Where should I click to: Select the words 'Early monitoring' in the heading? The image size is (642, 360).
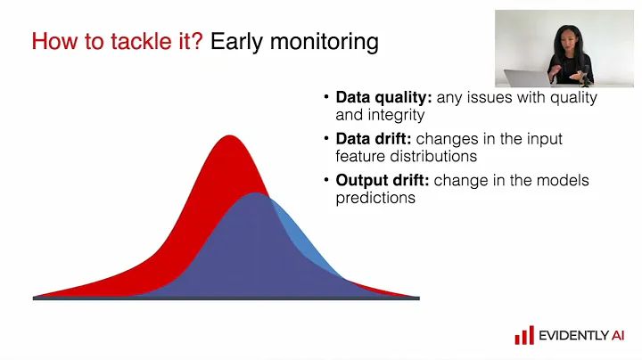click(294, 41)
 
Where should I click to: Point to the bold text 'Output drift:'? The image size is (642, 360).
click(383, 181)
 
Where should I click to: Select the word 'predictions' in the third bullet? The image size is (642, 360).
click(375, 198)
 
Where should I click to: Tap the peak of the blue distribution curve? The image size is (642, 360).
click(257, 194)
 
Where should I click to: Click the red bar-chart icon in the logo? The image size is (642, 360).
click(523, 335)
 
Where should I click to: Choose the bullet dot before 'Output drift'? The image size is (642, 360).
click(326, 181)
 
